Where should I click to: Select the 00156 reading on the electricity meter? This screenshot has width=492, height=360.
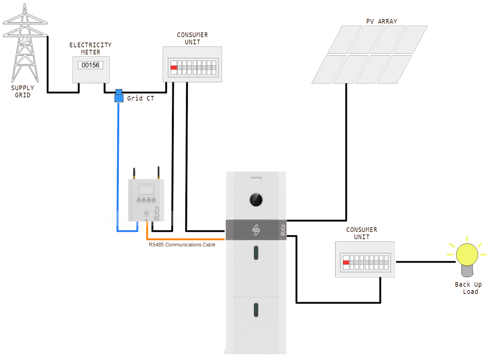click(x=90, y=65)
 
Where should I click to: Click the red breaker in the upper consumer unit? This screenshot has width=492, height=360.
click(x=174, y=67)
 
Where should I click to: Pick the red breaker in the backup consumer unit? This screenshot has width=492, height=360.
click(x=346, y=263)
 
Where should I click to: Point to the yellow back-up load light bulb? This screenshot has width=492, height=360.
click(x=466, y=255)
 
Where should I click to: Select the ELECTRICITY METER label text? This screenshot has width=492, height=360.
click(x=90, y=48)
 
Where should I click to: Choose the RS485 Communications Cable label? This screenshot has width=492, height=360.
click(x=182, y=244)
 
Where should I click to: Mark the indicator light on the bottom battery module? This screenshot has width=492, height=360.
click(x=256, y=310)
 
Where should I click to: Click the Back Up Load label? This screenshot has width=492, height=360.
click(x=468, y=288)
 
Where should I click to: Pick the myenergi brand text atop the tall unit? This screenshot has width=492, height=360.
click(x=256, y=177)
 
